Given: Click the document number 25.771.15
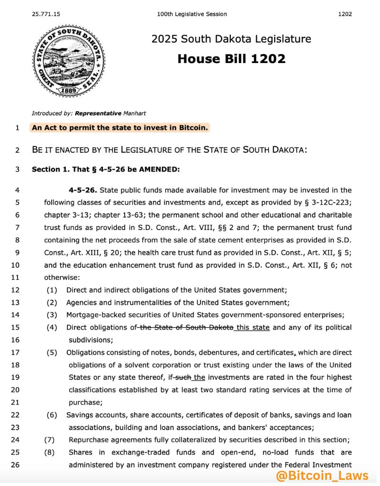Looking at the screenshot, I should coord(46,14).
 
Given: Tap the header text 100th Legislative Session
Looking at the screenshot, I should coord(192,14).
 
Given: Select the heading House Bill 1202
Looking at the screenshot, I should coord(231,59).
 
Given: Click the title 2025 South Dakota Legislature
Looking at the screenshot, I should coord(231,39).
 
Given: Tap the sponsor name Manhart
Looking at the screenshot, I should coord(135,113).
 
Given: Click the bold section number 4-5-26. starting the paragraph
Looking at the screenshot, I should coord(83,191).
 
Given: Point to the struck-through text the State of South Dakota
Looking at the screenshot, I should coord(186,328).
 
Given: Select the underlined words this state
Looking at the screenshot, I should coord(253,328).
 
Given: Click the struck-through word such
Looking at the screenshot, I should coord(183,377).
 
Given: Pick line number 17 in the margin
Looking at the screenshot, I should coord(17,352).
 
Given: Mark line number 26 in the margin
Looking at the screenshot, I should coord(17,465).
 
